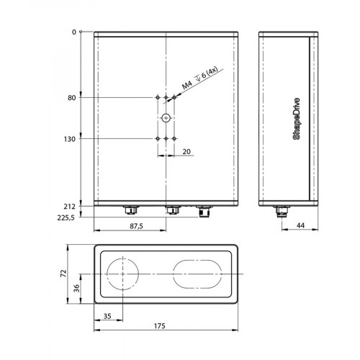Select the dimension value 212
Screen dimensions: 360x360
(71, 207)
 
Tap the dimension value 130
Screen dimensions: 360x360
(71, 138)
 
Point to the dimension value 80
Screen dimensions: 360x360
(72, 97)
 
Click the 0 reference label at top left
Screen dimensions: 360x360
(73, 32)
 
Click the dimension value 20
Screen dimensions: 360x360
(186, 151)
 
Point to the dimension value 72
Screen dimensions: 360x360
(63, 274)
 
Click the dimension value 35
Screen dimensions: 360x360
(107, 316)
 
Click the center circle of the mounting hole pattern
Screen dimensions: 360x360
(166, 117)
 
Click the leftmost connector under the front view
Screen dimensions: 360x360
(130, 210)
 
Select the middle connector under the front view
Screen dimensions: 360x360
(172, 210)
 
